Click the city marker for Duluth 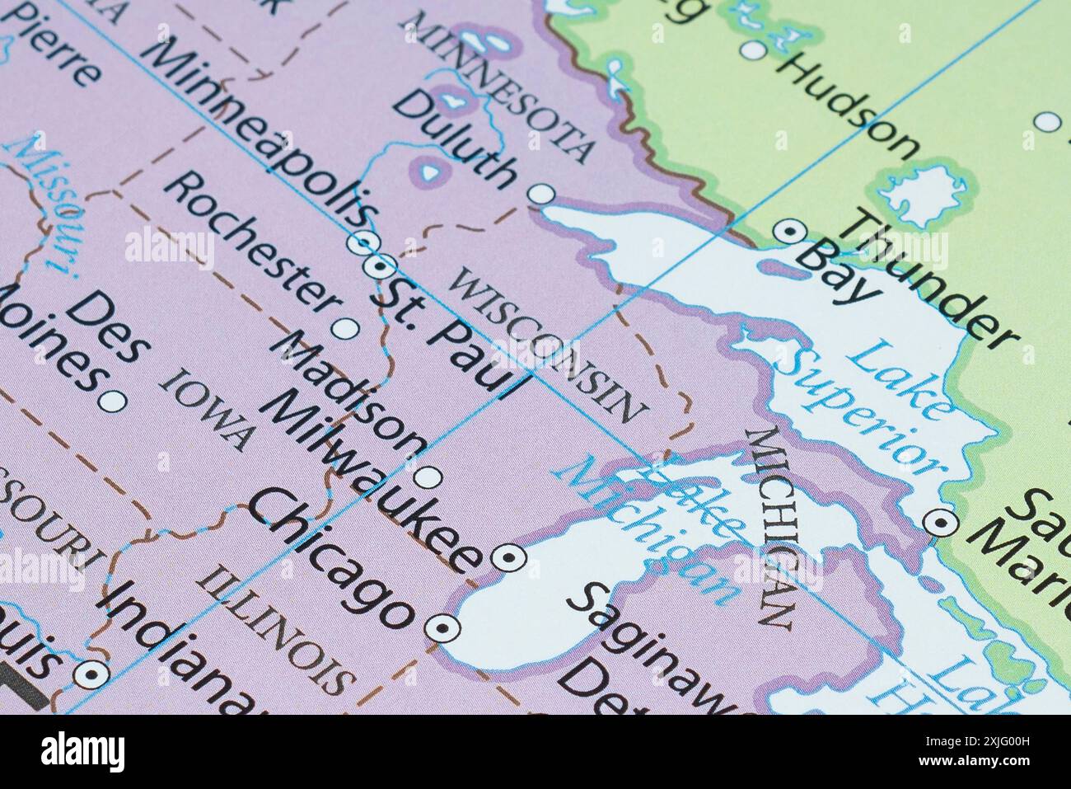point(540,195)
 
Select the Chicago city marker point(443,628)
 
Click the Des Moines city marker point(112,402)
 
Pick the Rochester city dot point(345,329)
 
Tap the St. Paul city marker point(378,266)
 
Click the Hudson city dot point(752,51)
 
